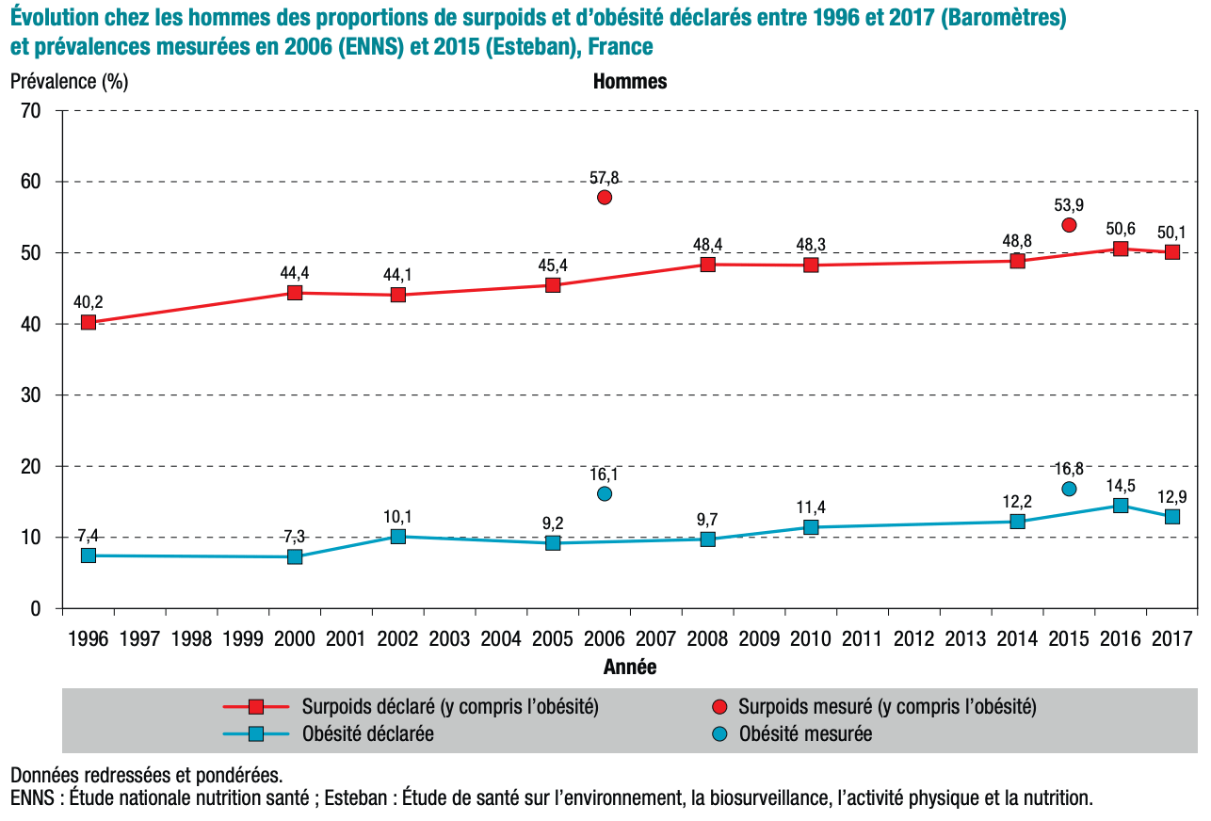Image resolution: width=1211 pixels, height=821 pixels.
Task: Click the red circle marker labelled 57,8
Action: (x=605, y=197)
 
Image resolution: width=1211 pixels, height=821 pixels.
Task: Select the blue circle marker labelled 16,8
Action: (x=1069, y=489)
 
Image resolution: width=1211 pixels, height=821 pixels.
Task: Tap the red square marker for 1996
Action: (x=89, y=322)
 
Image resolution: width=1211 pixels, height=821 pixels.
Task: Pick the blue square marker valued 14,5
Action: (x=1121, y=506)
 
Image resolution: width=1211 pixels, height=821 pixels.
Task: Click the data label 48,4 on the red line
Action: (x=707, y=245)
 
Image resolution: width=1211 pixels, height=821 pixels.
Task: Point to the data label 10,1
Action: (x=397, y=517)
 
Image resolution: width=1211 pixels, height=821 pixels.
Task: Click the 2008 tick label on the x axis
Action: (x=707, y=638)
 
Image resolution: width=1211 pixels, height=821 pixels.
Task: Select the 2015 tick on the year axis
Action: (x=1069, y=638)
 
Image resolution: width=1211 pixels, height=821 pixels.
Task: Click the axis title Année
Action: (x=630, y=668)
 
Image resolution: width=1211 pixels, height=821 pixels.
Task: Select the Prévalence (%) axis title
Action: (x=69, y=81)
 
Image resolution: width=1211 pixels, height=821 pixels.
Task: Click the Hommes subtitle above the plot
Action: (x=630, y=81)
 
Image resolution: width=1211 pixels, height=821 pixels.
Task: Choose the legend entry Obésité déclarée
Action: (x=367, y=733)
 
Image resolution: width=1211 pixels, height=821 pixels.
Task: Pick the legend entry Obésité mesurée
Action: (x=805, y=733)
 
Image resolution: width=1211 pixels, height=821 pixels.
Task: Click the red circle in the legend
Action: (x=719, y=706)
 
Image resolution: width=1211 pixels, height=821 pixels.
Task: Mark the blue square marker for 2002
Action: (x=397, y=537)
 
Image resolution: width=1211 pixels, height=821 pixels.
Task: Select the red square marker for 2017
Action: (x=1172, y=251)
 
